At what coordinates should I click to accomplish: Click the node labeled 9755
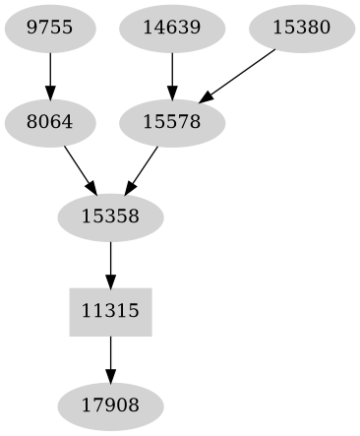[x=49, y=29]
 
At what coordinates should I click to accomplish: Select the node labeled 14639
[x=172, y=29]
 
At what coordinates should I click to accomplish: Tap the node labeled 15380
[x=301, y=29]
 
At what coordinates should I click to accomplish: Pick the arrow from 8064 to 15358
[x=79, y=169]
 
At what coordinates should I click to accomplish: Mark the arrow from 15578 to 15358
[x=143, y=169]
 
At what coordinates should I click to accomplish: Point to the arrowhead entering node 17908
[x=110, y=375]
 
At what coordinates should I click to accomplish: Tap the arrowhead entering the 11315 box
[x=110, y=280]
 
